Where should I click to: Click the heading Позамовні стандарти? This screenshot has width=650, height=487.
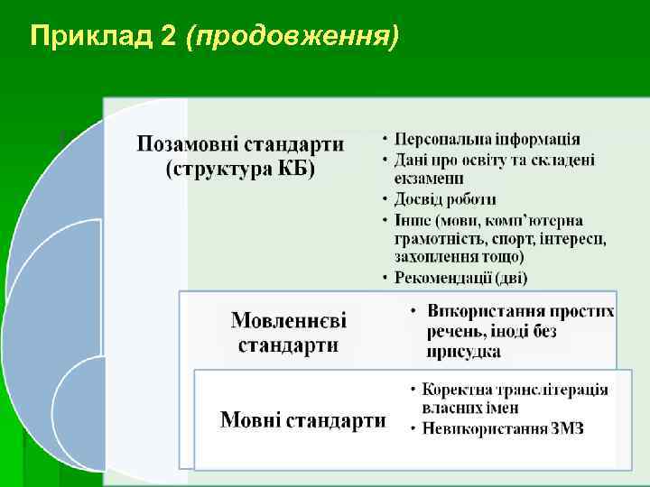tap(240, 144)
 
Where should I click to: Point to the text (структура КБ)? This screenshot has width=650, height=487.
tap(240, 170)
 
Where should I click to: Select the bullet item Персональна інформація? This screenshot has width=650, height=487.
tap(487, 139)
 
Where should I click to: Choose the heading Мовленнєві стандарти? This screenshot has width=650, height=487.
tap(289, 332)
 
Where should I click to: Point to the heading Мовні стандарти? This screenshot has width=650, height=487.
tap(303, 419)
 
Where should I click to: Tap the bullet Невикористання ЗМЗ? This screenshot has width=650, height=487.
tap(503, 428)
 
